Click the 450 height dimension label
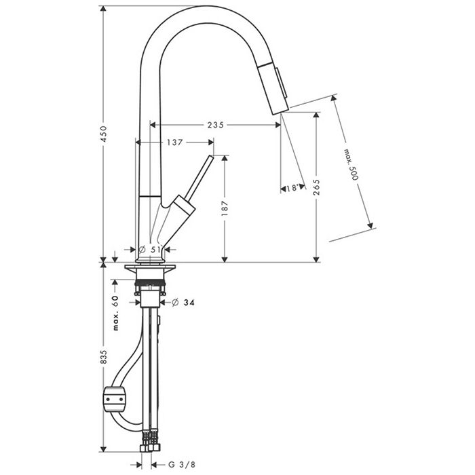[x=104, y=134]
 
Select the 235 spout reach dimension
[x=216, y=125]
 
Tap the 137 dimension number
[x=175, y=142]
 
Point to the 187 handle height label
[x=225, y=208]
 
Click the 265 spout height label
[x=316, y=187]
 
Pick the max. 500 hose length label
[x=351, y=164]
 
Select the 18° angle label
[x=292, y=189]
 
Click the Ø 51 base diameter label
[x=150, y=249]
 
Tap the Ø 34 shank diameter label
[x=183, y=303]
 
